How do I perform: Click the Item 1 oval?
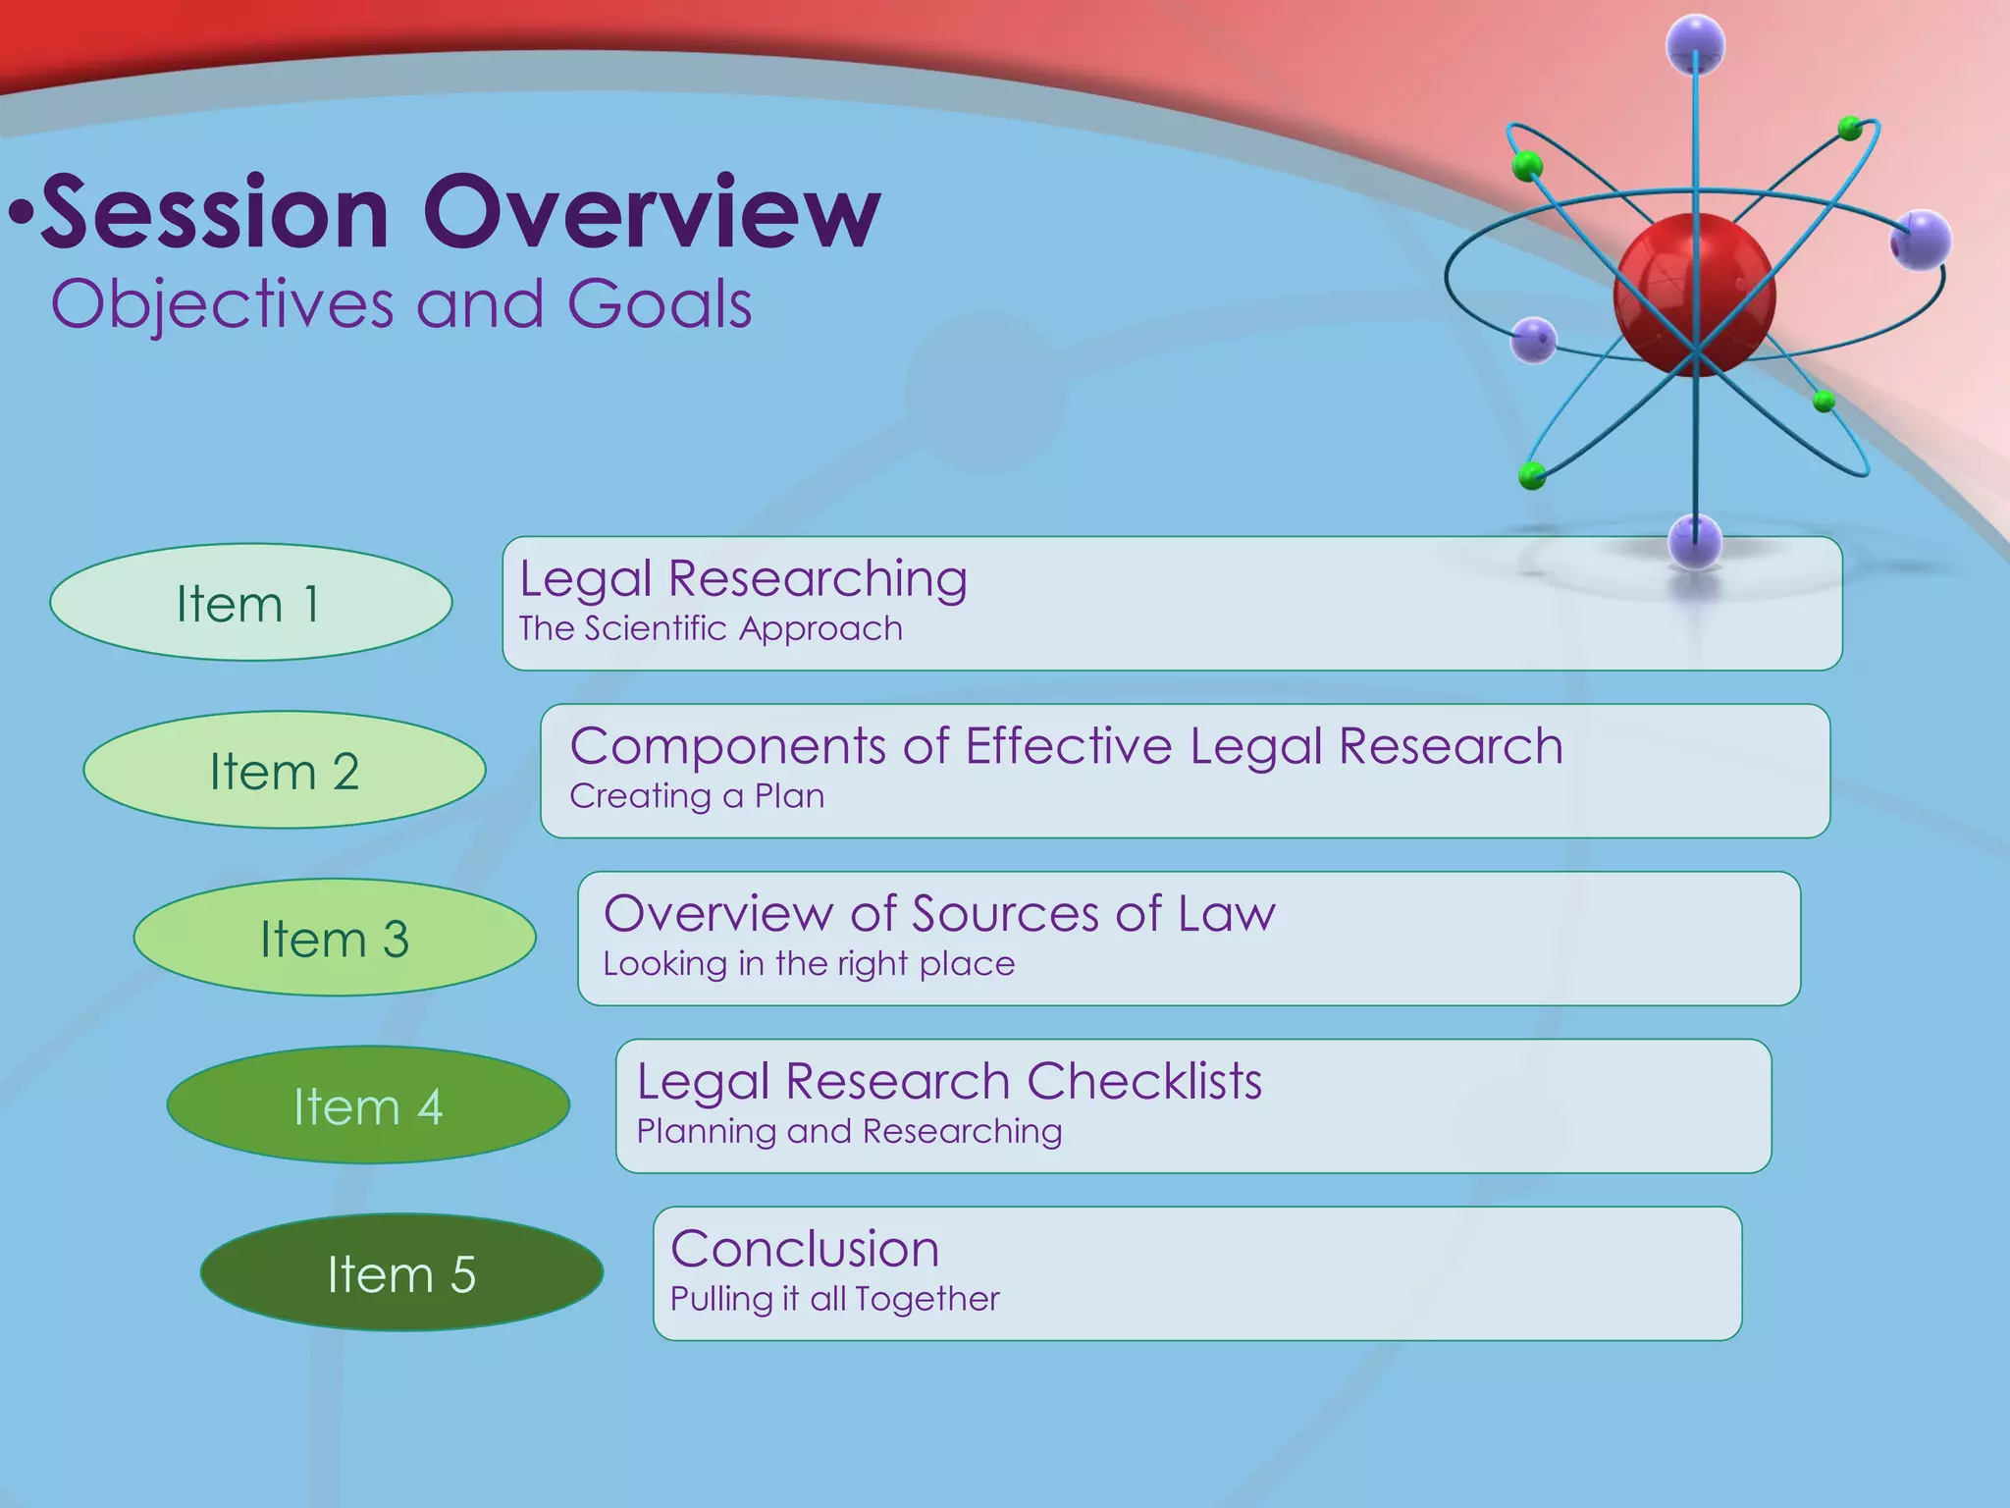point(250,603)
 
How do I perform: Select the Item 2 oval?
point(285,771)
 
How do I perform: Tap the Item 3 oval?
point(335,939)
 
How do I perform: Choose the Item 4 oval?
point(368,1106)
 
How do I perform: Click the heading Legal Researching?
point(743,578)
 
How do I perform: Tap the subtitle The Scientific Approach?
point(711,628)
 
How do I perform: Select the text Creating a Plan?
point(697,796)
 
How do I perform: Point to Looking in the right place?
point(809,964)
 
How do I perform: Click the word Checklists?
point(1144,1082)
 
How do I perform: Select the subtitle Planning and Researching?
point(849,1132)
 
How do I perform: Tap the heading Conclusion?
point(805,1249)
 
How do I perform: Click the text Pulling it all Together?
point(834,1300)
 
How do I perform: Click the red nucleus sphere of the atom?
point(1694,293)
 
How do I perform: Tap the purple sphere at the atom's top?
point(1695,44)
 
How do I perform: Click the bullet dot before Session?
point(22,212)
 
